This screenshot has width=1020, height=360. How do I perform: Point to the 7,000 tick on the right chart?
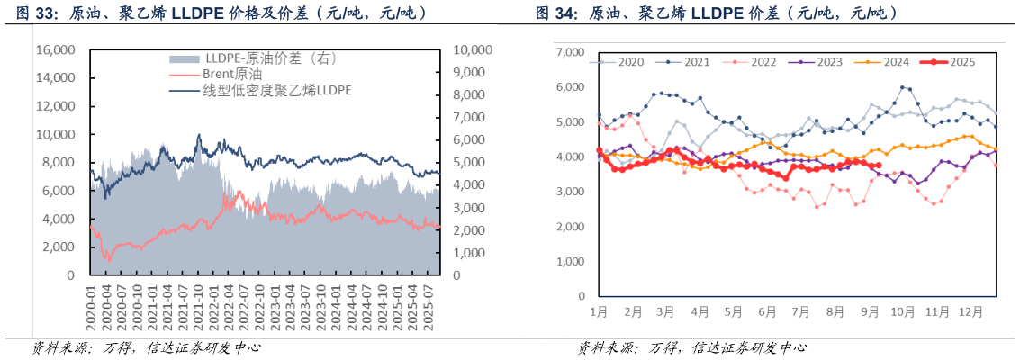pyautogui.click(x=572, y=53)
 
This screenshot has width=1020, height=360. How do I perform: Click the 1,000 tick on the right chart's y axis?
pyautogui.click(x=572, y=261)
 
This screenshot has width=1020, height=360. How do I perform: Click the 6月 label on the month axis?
pyautogui.click(x=768, y=310)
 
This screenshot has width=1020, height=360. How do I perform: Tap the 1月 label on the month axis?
pyautogui.click(x=600, y=310)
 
